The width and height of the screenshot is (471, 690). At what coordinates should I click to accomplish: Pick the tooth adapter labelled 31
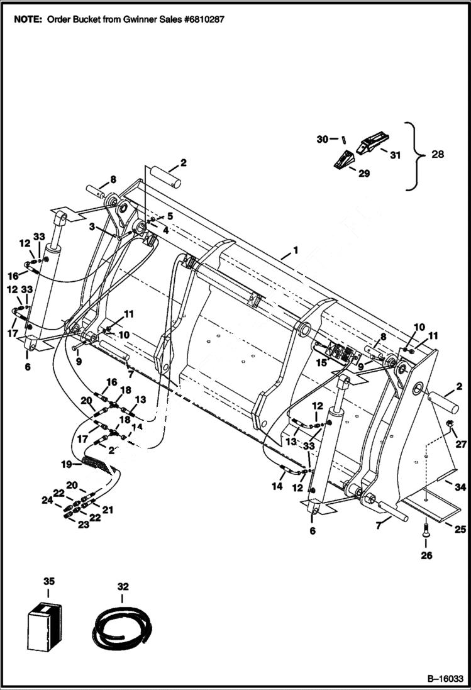click(x=371, y=143)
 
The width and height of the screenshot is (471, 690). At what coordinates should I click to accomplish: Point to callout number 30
click(x=322, y=139)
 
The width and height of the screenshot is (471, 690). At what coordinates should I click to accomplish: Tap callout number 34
click(x=460, y=486)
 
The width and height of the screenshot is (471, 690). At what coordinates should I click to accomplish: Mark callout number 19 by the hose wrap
click(x=67, y=464)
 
